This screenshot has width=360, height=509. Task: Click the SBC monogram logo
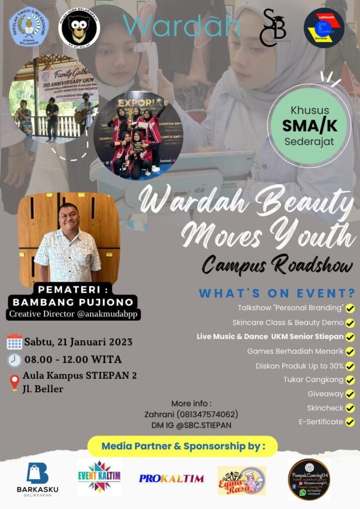pos(272,28)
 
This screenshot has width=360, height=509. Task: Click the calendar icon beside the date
pos(14,342)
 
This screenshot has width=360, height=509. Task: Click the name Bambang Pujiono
pos(74,302)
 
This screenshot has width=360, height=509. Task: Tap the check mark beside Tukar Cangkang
pos(350,380)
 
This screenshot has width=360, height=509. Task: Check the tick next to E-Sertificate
pos(350,422)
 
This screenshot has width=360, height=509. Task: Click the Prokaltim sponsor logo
pos(171,479)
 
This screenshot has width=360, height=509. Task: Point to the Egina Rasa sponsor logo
pos(242,480)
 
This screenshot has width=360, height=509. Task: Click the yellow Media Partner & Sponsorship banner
pos(182,446)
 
